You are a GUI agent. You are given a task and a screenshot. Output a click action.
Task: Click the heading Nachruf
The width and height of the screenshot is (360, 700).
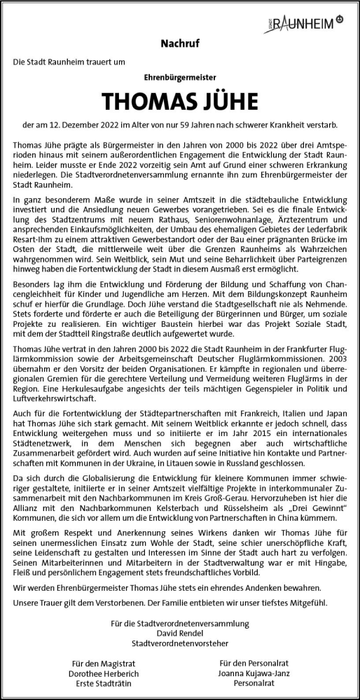pos(179,43)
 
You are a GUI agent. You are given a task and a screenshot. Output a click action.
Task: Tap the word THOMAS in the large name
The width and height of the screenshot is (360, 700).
pos(148,101)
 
